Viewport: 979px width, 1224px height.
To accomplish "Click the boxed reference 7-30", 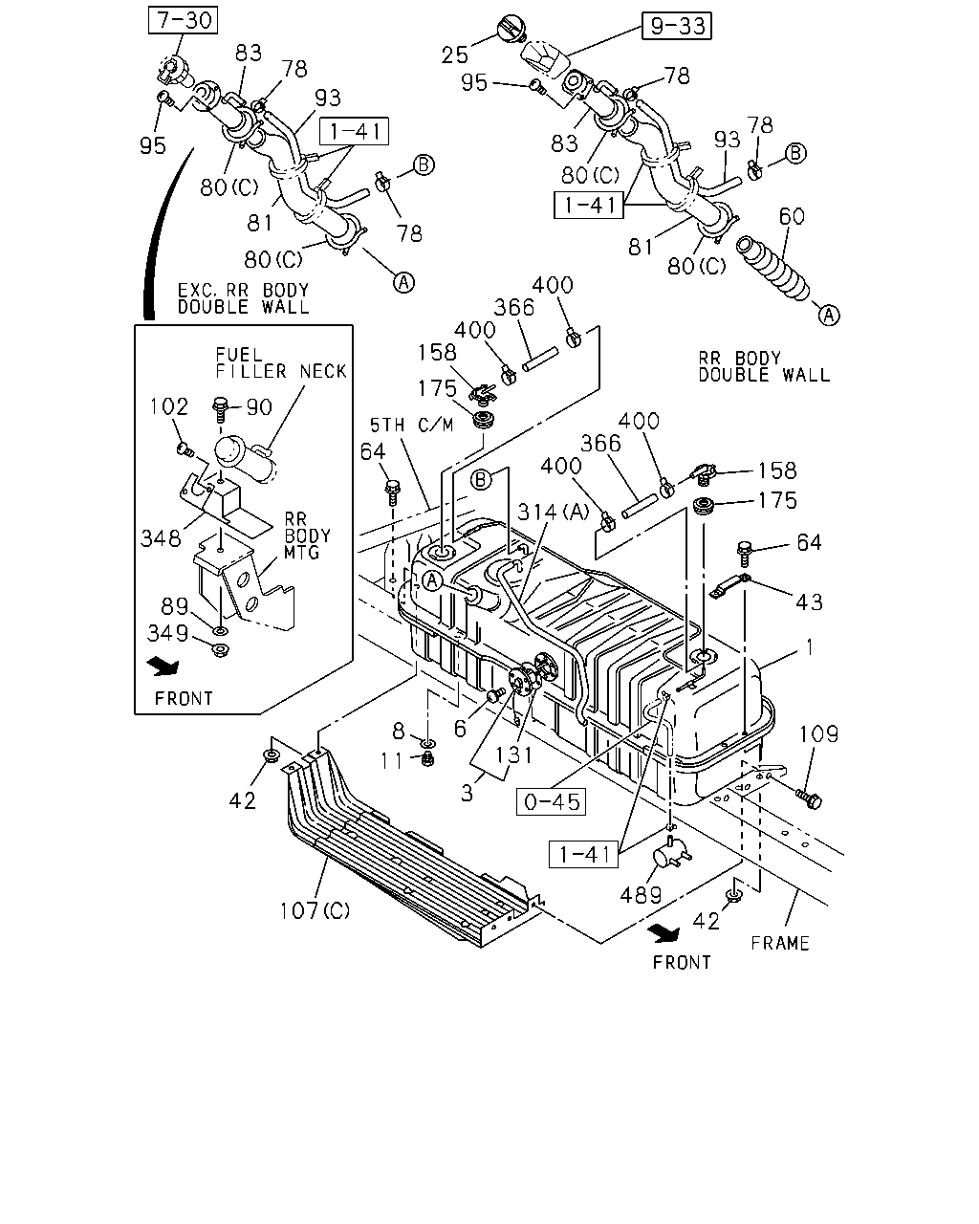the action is coord(183,20).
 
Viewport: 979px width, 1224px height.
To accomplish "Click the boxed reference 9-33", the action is coord(676,26).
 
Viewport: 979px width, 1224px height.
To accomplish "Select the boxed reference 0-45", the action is coord(551,801).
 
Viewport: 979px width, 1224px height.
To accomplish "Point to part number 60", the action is coord(792,216).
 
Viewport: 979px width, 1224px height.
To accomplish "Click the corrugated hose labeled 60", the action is coord(772,270).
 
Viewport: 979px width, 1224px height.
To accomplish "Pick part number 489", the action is coord(641,895).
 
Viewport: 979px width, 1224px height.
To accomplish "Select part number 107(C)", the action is coord(315,910).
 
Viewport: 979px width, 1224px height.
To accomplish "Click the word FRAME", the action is coord(780,944).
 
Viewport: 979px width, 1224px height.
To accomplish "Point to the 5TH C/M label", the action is coord(411,425).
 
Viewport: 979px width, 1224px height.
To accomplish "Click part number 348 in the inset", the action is coord(161,538).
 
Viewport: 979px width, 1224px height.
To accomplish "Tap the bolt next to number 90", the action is coord(220,409).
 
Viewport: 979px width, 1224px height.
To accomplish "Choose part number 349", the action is coord(167,633).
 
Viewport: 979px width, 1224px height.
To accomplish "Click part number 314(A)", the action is coord(554,512).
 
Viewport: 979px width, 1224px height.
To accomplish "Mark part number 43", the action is coord(809,601).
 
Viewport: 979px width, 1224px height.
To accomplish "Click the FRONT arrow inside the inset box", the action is coord(163,667).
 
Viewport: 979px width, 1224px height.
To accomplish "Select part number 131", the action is coord(513,755).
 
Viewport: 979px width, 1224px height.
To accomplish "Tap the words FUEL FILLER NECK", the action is coord(281,363).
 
